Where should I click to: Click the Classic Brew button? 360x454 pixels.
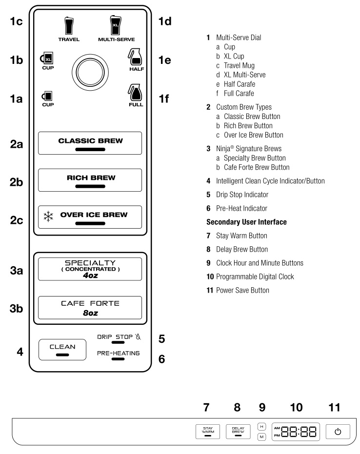click(x=90, y=143)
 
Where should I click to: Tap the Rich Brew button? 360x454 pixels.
click(x=90, y=180)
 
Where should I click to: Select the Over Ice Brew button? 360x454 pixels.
click(x=90, y=217)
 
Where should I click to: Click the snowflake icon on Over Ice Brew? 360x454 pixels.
click(x=48, y=217)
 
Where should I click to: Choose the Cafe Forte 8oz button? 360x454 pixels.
click(x=90, y=308)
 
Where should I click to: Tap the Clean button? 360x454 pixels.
click(x=62, y=350)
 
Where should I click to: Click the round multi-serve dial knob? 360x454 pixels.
click(x=90, y=72)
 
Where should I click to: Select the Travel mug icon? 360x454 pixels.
click(x=69, y=26)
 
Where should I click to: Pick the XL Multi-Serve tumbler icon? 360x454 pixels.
click(x=116, y=25)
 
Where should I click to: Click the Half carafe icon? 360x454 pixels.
click(x=135, y=57)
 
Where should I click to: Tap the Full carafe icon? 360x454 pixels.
click(x=135, y=93)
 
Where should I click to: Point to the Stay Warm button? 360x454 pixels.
click(x=208, y=432)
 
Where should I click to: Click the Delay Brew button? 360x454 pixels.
click(x=238, y=432)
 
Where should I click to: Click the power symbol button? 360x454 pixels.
click(x=338, y=432)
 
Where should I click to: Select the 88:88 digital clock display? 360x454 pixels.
click(x=296, y=432)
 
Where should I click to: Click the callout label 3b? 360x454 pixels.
click(x=16, y=308)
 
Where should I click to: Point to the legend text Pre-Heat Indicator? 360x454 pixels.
click(x=241, y=208)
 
